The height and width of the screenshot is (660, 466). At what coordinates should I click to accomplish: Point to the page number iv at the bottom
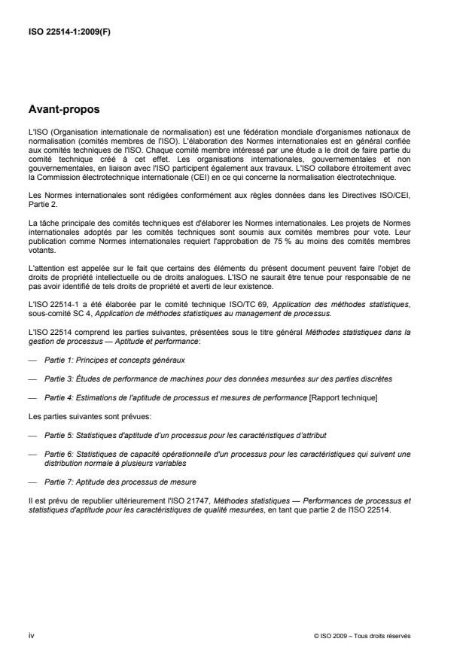(30, 635)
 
